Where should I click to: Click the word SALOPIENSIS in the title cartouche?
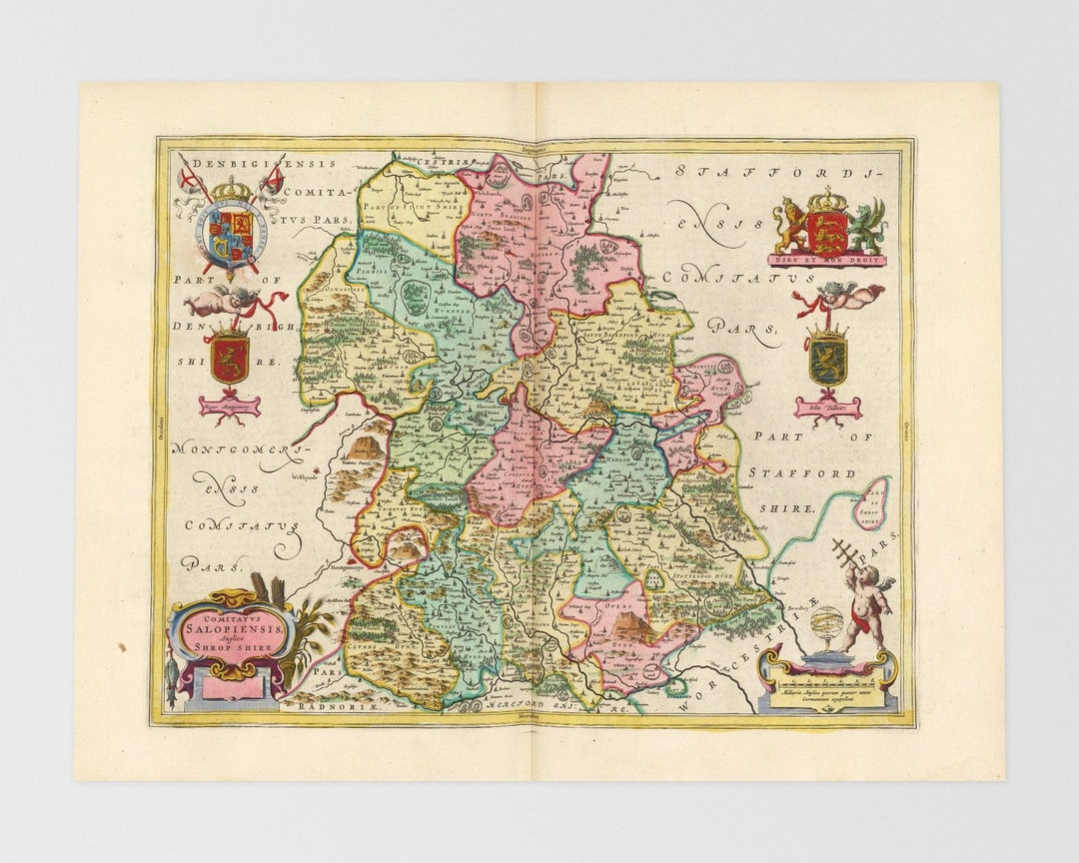pos(233,615)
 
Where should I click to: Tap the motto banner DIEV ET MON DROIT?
pos(827,260)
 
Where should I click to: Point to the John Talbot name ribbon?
pos(827,407)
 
